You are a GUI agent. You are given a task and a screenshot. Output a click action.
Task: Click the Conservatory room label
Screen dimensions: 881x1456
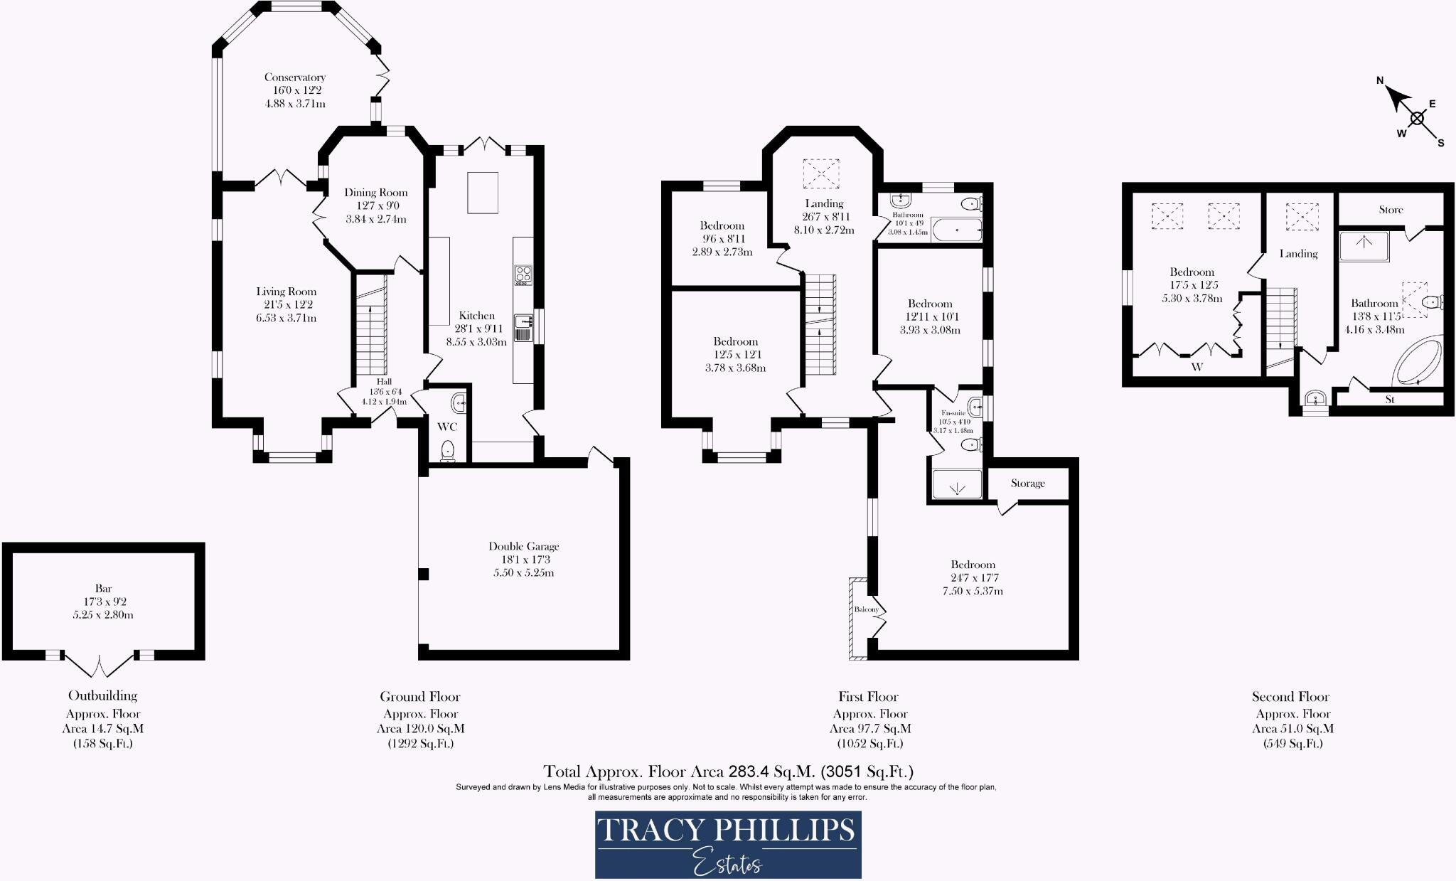point(294,78)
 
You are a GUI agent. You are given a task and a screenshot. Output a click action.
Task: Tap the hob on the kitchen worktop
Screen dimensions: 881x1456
point(523,274)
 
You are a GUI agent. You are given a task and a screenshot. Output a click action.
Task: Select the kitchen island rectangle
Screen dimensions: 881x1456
point(483,192)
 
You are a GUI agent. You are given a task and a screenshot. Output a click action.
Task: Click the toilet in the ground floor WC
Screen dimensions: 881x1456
point(448,450)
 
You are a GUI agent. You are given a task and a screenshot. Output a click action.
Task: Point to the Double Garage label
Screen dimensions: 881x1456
point(523,546)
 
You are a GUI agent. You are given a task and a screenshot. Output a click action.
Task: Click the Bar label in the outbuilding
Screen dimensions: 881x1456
point(103,588)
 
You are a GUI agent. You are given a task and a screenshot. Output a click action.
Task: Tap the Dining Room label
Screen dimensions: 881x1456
point(375,193)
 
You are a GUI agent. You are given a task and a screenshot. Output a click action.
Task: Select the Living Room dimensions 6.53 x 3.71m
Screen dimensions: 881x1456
point(286,318)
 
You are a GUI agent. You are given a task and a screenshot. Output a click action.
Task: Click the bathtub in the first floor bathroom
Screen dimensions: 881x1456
point(957,230)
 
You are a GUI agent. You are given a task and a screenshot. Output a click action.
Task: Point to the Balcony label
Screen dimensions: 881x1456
point(866,609)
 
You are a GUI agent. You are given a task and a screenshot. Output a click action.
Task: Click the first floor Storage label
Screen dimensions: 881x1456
point(1027,483)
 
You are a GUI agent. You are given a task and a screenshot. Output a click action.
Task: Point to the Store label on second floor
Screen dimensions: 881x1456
point(1391,210)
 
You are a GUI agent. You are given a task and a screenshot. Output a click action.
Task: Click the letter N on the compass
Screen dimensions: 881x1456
point(1380,80)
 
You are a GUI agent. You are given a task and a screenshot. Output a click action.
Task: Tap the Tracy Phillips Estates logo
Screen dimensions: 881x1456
point(727,844)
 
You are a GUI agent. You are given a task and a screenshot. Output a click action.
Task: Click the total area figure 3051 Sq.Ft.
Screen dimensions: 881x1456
point(867,771)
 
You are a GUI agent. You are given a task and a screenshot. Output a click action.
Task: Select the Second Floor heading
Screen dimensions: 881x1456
point(1290,697)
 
